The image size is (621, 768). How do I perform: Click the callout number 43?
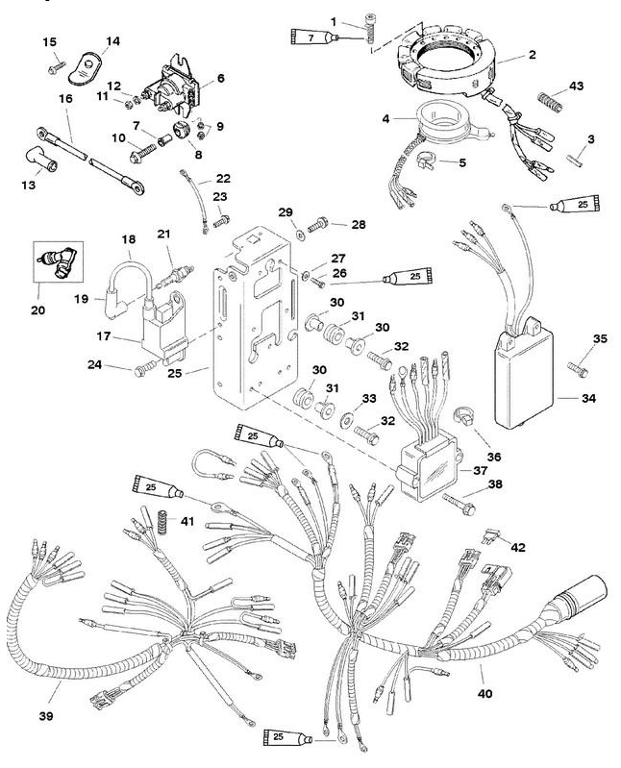576,86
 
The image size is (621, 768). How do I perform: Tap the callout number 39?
46,716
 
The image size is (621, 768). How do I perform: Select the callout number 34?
588,398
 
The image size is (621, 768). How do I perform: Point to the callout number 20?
38,310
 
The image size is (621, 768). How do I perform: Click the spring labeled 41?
161,522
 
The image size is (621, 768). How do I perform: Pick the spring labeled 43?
551,102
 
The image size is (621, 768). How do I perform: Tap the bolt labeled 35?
578,369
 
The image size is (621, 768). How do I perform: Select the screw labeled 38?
459,504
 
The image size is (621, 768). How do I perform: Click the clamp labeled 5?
425,161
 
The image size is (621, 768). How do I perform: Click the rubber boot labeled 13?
41,160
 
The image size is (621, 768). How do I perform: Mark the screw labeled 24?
145,368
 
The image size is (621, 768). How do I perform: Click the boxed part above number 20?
58,261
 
